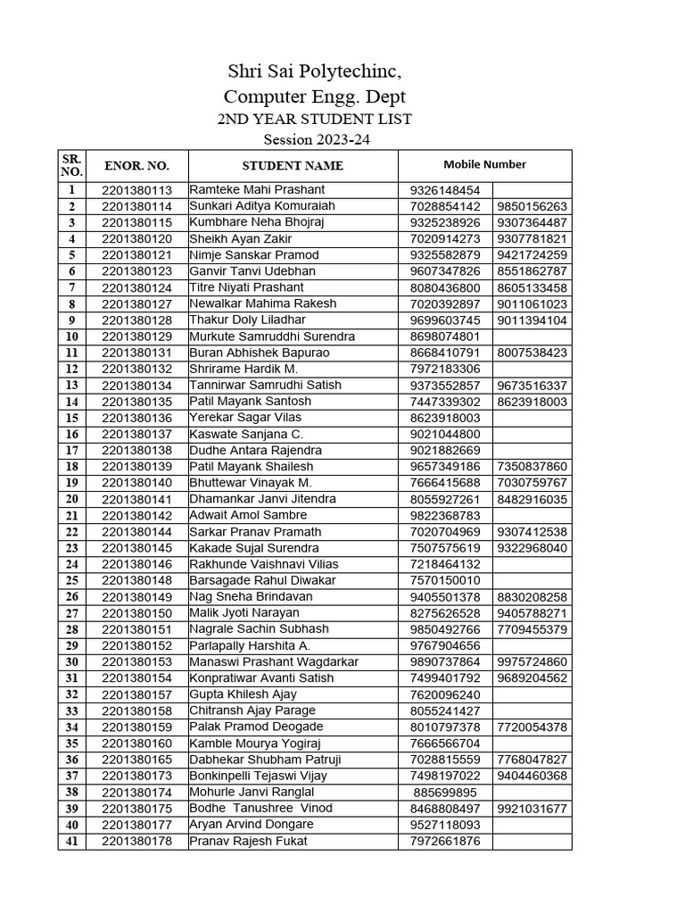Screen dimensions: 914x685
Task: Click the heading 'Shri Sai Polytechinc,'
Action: (308, 71)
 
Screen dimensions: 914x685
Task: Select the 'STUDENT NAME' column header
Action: (293, 165)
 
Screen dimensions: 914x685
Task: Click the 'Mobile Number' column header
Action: (484, 164)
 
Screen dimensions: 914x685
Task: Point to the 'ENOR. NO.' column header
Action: (136, 165)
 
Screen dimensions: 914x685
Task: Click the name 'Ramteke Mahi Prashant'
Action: (257, 190)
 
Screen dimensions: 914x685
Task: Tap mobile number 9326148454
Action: (445, 190)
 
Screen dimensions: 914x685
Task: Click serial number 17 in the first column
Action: (71, 451)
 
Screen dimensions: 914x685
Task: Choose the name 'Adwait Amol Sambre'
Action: (248, 515)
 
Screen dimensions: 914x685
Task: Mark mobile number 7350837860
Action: (532, 467)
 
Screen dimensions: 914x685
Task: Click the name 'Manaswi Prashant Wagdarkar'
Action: (273, 662)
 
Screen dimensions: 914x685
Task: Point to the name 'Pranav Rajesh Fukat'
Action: (248, 841)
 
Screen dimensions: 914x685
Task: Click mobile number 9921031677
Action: (532, 809)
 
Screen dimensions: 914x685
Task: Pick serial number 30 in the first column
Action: (71, 662)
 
